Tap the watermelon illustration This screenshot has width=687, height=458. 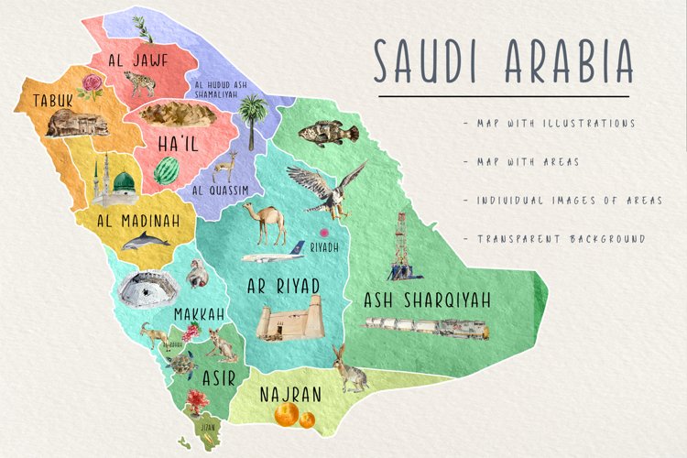coord(166,170)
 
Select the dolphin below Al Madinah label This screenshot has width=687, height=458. coord(147,241)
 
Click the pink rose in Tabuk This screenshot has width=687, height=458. coord(92,86)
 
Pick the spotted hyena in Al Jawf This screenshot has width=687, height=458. coord(142,86)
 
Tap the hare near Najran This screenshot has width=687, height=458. coord(348,368)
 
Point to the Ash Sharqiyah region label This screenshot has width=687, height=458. coord(427,300)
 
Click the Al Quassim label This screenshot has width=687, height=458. coord(221,191)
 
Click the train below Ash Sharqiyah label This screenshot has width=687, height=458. coord(426,324)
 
